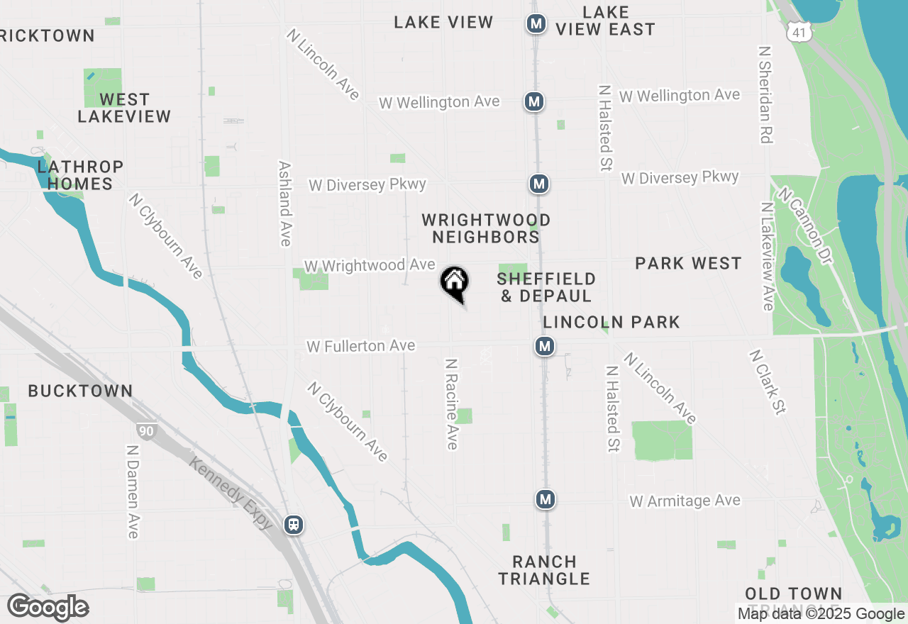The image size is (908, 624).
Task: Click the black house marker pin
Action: point(455,282)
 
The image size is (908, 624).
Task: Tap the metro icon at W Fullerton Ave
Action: point(545,346)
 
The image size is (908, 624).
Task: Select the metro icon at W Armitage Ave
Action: point(545,499)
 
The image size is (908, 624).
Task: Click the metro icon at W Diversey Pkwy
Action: point(539,184)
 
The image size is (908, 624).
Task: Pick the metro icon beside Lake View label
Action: point(536,24)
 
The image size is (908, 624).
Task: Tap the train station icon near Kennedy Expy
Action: point(293,525)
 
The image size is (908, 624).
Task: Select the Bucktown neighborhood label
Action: point(80,391)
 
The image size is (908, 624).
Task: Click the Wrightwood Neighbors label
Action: point(486,228)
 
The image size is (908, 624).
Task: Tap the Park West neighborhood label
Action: point(688,264)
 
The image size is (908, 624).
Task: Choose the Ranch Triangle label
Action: point(544,570)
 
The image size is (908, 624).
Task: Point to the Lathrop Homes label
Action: point(80,175)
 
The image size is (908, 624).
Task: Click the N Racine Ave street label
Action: point(451,403)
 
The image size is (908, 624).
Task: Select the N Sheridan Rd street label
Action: point(765,95)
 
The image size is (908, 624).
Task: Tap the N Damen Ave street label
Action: point(133,491)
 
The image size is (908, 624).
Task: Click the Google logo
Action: point(48,608)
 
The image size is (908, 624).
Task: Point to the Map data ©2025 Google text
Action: point(821,614)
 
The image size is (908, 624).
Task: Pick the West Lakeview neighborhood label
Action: point(124,108)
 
